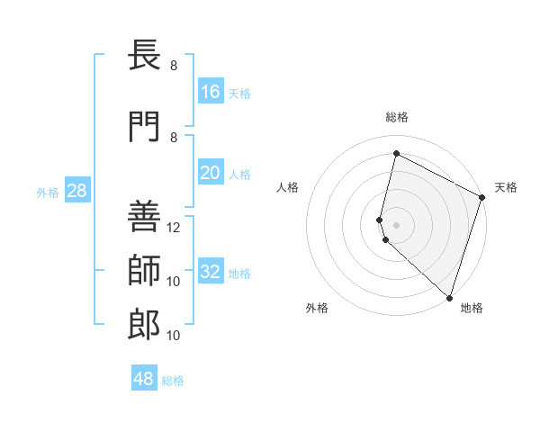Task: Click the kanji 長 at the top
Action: tap(145, 56)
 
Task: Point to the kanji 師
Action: tap(145, 270)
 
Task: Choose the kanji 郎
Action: tap(145, 323)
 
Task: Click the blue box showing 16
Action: tap(211, 92)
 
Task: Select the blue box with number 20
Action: tap(211, 173)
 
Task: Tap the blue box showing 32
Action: tap(211, 272)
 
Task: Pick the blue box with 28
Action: tap(76, 191)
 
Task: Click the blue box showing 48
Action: tap(144, 379)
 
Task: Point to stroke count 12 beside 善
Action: tap(175, 228)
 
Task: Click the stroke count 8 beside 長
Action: tap(174, 66)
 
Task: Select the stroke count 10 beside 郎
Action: tap(175, 336)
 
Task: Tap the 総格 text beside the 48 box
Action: tap(174, 381)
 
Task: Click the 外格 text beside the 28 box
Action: tap(48, 193)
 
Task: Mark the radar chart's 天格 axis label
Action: tap(506, 187)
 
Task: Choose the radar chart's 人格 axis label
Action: tap(287, 187)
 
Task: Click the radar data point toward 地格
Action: tap(449, 297)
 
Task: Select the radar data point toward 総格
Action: tap(396, 154)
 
